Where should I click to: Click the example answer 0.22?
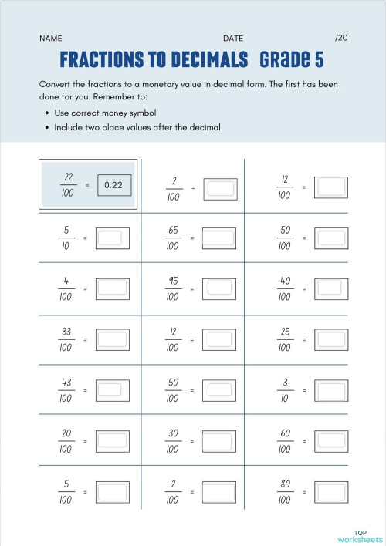tap(113, 185)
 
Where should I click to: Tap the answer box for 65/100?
tap(219, 238)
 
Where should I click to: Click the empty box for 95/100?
tap(219, 288)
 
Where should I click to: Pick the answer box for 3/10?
tap(332, 390)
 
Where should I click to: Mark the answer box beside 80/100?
tap(332, 492)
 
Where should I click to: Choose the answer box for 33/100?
tap(112, 339)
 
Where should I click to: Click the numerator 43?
tap(66, 383)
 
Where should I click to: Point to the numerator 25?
tap(284, 332)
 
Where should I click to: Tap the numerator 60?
tap(284, 433)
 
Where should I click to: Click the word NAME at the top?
tap(50, 38)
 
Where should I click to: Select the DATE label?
tap(233, 38)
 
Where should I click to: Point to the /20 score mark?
tap(341, 37)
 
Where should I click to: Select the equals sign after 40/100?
tap(304, 288)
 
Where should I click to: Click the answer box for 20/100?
tap(112, 441)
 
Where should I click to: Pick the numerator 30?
tap(174, 433)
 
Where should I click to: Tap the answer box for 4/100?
tap(112, 288)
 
